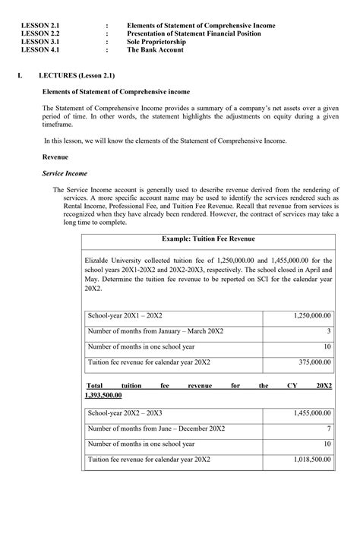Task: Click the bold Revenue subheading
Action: pos(55,157)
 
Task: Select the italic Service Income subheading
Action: pos(65,173)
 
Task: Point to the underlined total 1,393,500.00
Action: pos(103,395)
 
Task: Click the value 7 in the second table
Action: pos(329,429)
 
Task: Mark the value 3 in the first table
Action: pos(329,330)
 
